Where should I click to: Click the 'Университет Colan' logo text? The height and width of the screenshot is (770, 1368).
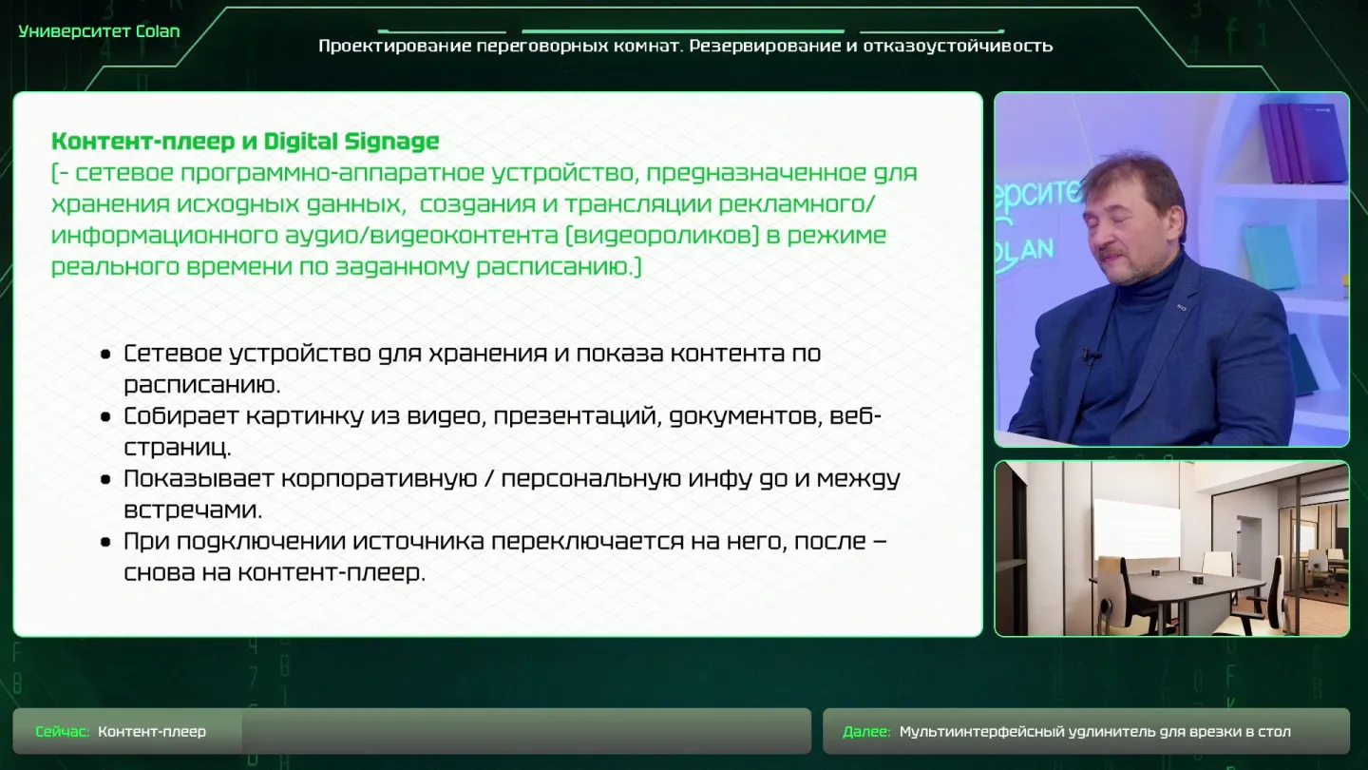[99, 31]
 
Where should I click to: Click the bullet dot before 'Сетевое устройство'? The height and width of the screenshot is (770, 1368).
[105, 354]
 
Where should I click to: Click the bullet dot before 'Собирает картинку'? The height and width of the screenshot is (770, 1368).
[105, 416]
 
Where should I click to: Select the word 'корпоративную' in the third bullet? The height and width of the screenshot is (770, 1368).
[379, 479]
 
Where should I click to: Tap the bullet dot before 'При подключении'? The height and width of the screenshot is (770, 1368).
[105, 542]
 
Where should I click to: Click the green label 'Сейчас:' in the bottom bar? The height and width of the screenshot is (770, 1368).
[63, 732]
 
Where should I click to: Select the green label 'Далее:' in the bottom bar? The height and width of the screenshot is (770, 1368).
[866, 732]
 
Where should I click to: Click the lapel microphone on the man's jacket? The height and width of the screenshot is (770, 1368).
[1092, 356]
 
